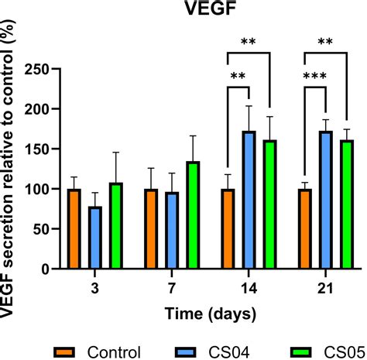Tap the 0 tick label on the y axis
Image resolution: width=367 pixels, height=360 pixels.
click(x=46, y=269)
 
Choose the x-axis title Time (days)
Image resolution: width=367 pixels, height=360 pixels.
click(x=209, y=312)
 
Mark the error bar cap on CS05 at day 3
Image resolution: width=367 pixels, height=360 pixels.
click(x=115, y=153)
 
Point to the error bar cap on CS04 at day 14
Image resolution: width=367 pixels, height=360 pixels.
click(x=249, y=106)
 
